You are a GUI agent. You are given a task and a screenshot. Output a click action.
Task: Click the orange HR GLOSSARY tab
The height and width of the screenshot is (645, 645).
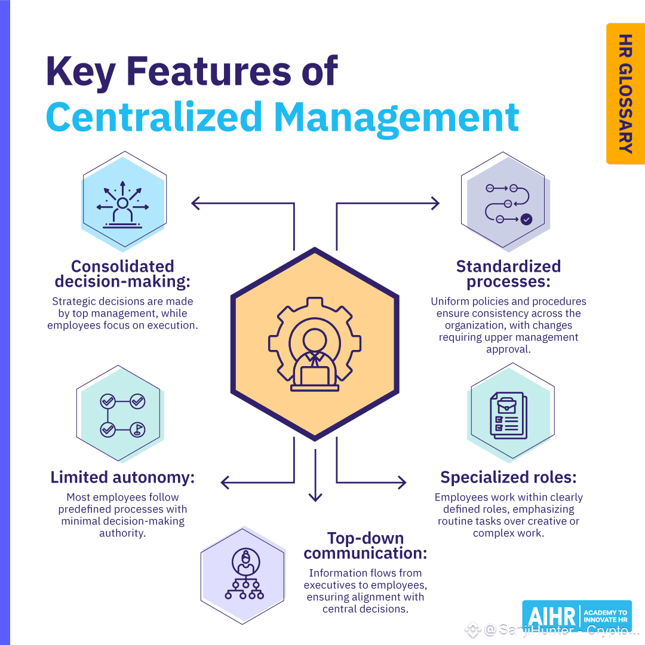pyautogui.click(x=625, y=94)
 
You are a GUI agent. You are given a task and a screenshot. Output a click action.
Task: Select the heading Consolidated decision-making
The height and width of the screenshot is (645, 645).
pyautogui.click(x=122, y=274)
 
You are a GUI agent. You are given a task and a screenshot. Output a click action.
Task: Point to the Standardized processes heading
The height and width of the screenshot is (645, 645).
pyautogui.click(x=508, y=274)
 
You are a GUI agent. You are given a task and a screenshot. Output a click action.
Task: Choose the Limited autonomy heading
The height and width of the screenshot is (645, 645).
pyautogui.click(x=123, y=478)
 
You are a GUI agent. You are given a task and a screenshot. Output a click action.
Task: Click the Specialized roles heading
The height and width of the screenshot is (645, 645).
pyautogui.click(x=508, y=478)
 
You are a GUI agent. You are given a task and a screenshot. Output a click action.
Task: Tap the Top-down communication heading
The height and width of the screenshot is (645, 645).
pyautogui.click(x=365, y=546)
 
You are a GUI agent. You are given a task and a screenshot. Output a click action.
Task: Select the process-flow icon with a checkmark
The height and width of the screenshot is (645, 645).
pyautogui.click(x=508, y=204)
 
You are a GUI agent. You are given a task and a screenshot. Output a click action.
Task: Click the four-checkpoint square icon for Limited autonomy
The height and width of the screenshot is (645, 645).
pyautogui.click(x=122, y=415)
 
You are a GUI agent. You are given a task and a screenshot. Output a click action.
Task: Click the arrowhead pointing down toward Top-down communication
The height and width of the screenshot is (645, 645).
pyautogui.click(x=315, y=497)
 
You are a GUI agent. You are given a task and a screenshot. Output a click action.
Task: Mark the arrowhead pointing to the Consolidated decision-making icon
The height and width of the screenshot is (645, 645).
pyautogui.click(x=195, y=204)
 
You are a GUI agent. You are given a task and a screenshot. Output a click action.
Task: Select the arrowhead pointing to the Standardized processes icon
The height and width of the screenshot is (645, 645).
pyautogui.click(x=435, y=204)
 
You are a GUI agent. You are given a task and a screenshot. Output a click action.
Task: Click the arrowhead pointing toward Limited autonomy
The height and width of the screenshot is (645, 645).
pyautogui.click(x=225, y=482)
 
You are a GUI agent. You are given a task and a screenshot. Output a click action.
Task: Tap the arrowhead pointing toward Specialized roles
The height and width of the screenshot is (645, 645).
pyautogui.click(x=403, y=482)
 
